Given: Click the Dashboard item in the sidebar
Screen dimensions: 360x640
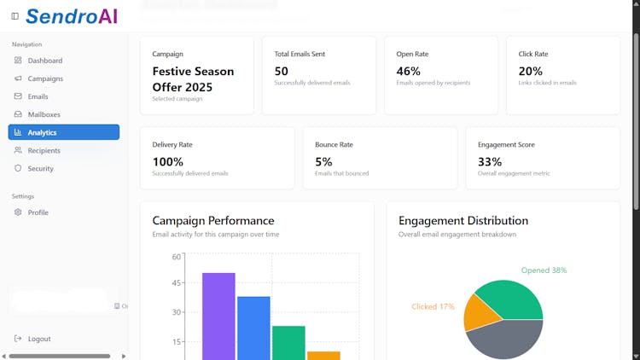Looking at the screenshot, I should pos(44,61).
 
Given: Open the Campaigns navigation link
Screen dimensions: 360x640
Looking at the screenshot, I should pos(45,78).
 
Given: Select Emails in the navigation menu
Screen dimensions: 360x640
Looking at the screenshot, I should pos(38,96).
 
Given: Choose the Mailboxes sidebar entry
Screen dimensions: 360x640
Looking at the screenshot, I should pos(44,114).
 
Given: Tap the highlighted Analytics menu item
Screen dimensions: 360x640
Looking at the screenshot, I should pos(63,132).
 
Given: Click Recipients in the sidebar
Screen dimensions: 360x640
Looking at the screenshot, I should pos(44,150).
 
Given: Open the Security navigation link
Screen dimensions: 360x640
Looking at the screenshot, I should pos(40,168).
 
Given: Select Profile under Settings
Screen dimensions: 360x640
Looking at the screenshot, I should pos(38,212).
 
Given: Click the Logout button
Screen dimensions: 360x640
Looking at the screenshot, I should pos(38,339).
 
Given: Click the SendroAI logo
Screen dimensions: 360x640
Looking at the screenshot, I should pos(72,15).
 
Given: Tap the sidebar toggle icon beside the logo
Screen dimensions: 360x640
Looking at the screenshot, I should pos(15,16).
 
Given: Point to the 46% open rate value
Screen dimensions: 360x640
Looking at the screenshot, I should pos(409,72).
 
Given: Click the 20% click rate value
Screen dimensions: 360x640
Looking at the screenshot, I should pos(530,72).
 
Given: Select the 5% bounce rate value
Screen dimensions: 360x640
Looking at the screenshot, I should pos(323,161).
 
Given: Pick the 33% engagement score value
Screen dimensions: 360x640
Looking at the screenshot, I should pos(490,161).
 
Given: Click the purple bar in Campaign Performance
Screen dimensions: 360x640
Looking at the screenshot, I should pos(218,316).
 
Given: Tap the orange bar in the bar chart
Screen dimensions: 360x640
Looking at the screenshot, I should pos(323,355).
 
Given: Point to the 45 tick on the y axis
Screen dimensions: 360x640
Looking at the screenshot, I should pos(177,284).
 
